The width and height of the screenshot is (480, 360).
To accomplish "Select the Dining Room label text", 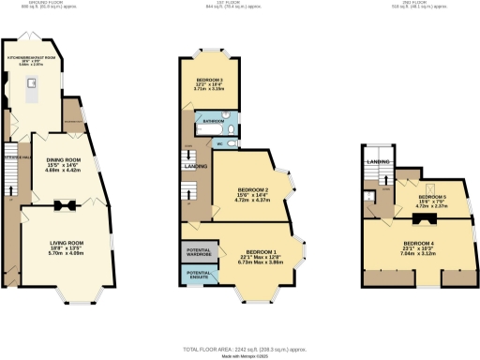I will click(x=65, y=160).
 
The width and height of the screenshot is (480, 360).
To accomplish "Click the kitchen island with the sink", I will click(x=33, y=90).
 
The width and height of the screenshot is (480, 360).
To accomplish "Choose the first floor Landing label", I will click(x=197, y=167).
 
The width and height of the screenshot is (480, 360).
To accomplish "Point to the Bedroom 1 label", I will click(x=260, y=252).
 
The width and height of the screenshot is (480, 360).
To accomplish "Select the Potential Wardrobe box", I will click(x=197, y=252).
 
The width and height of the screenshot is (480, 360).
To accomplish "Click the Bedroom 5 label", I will click(x=432, y=197).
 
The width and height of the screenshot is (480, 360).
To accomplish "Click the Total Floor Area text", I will click(x=240, y=348).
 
